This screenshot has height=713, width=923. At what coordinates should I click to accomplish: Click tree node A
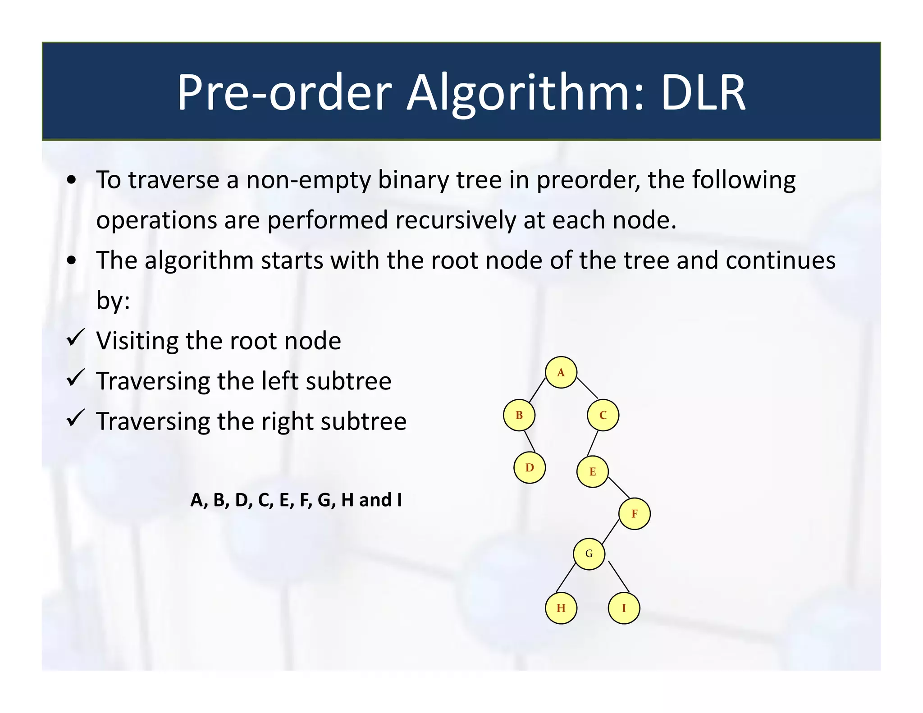[x=561, y=372]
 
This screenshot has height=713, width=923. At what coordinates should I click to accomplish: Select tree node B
[x=519, y=415]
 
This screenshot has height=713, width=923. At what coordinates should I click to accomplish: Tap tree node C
[x=603, y=415]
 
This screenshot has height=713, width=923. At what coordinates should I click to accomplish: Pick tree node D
[x=530, y=467]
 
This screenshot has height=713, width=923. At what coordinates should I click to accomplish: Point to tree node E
[x=592, y=471]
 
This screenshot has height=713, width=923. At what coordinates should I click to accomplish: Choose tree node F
[x=634, y=513]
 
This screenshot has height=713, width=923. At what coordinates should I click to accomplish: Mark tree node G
[x=589, y=553]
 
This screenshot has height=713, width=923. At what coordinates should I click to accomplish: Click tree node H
[x=561, y=608]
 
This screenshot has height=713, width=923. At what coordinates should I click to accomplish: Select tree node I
[x=624, y=608]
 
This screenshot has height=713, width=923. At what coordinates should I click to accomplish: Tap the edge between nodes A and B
[x=537, y=390]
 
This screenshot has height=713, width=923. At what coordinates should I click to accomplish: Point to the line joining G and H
[x=566, y=577]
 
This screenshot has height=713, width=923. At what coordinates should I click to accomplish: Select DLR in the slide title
[x=703, y=93]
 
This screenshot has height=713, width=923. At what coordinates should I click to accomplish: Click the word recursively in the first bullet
[x=457, y=220]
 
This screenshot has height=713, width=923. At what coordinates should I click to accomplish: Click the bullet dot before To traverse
[x=71, y=181]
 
